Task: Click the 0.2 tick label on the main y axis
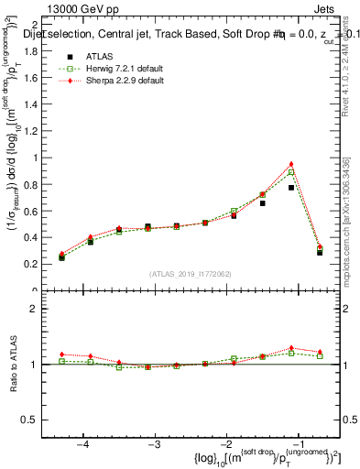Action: [x=41, y=264]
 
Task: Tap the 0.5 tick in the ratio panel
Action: [x=41, y=420]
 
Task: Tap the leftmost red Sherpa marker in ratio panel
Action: [x=62, y=354]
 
